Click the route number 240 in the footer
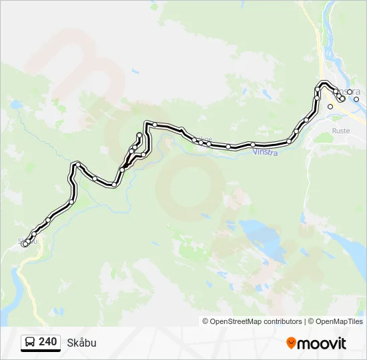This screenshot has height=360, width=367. click(x=47, y=342)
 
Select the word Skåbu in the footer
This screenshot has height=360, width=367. click(x=81, y=343)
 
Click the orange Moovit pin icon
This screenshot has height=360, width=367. click(x=291, y=343)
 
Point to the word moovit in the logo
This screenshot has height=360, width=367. click(x=322, y=343)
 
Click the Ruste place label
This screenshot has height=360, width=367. click(x=341, y=131)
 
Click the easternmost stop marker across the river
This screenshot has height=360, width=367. click(x=356, y=99)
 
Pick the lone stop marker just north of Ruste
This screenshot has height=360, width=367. click(x=330, y=106)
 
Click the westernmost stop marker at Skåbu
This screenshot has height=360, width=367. click(x=25, y=244)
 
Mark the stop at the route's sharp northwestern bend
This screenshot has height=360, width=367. click(x=79, y=164)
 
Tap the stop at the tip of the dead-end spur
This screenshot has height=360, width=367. click(x=139, y=135)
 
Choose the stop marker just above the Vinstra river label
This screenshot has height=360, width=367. click(x=253, y=145)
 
